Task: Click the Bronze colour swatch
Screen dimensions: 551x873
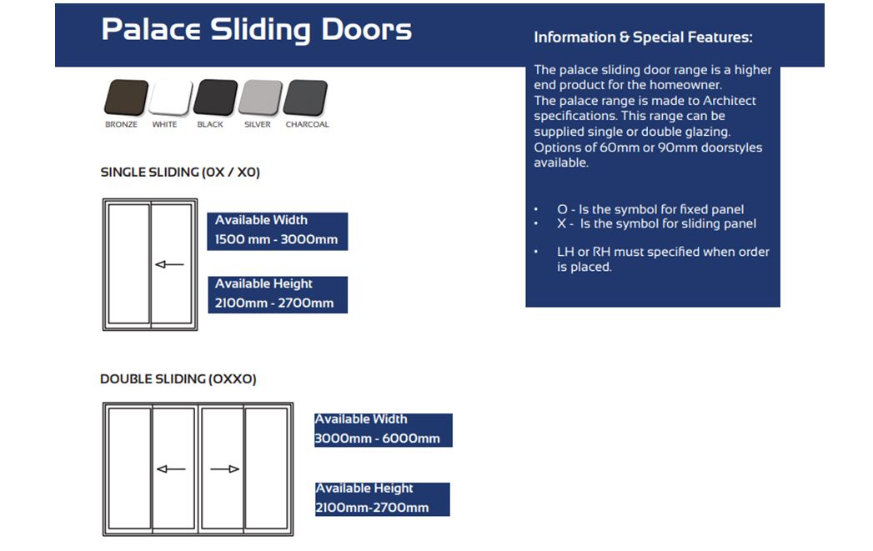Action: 126,98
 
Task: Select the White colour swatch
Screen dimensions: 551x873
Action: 170,98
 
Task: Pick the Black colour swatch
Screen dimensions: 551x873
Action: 215,98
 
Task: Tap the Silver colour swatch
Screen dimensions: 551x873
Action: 260,98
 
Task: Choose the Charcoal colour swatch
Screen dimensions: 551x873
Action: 305,98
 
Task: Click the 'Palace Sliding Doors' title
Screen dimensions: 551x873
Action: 256,30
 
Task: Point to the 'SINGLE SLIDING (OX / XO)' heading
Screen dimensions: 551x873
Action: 180,173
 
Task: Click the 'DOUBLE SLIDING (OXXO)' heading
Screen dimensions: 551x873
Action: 178,379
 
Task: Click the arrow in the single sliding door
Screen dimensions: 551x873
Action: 170,265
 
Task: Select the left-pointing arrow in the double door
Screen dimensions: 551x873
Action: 171,469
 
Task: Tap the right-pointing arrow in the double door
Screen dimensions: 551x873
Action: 224,469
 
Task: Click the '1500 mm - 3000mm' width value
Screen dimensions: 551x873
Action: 276,240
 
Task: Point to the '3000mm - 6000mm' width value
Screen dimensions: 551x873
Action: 377,438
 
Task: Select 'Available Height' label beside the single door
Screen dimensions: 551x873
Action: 263,284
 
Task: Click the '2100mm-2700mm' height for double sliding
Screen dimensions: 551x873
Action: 372,508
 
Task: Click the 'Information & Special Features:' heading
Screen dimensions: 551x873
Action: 643,38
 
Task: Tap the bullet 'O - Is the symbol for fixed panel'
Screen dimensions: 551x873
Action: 650,209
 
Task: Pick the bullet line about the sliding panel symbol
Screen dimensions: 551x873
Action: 656,223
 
